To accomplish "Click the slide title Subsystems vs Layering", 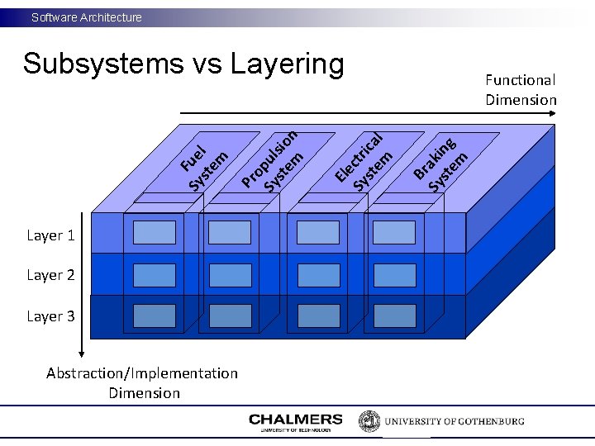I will click(183, 64).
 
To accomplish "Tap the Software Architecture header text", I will click(87, 17).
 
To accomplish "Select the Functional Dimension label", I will click(521, 89).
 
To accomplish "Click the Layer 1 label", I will click(50, 235).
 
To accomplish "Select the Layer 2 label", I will click(50, 275).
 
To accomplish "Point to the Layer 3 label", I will click(50, 316).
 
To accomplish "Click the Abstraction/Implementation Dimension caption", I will click(142, 383).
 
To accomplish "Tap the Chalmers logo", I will click(295, 422).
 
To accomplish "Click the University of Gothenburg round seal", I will click(369, 421).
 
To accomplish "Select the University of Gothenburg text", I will click(454, 421).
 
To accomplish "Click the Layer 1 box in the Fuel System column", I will click(155, 232).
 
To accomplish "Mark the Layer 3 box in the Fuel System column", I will click(155, 316).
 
